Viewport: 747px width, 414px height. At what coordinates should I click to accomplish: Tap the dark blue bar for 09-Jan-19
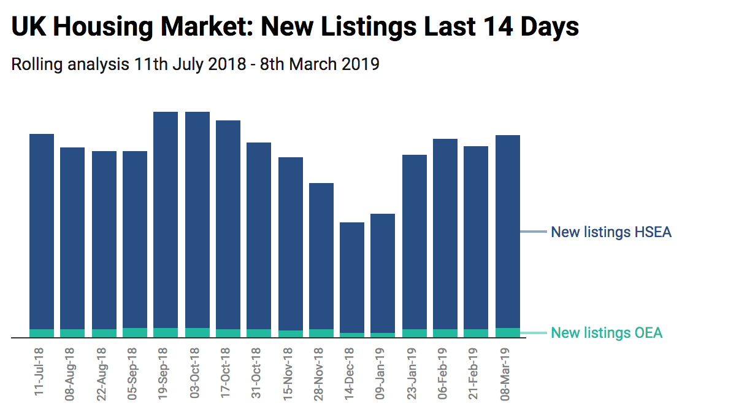pos(383,273)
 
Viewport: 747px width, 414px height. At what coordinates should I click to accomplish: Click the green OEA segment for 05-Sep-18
pos(135,333)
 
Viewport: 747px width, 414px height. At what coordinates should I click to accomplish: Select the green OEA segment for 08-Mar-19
pos(508,333)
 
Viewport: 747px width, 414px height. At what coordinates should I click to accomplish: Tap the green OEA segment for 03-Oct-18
pos(197,333)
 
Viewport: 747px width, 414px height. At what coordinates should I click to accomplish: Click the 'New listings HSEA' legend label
pos(611,232)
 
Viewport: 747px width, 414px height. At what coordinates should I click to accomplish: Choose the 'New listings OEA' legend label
pos(607,333)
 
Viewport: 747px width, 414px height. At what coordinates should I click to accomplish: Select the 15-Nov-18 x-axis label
pos(288,373)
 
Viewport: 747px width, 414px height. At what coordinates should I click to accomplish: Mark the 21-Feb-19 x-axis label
pos(474,373)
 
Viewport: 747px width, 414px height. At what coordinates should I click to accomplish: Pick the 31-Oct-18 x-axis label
pos(256,373)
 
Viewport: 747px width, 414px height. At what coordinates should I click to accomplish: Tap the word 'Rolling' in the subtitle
pos(36,64)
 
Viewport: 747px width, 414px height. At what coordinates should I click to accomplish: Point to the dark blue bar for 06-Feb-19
pos(445,234)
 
